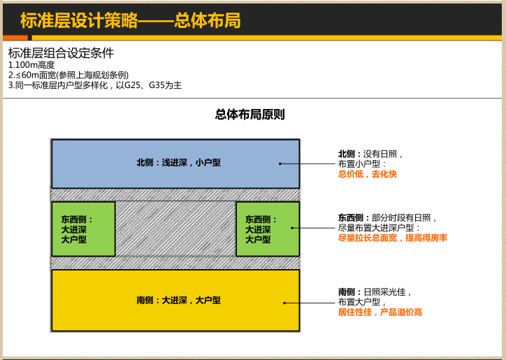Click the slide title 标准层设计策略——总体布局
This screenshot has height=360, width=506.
[130, 20]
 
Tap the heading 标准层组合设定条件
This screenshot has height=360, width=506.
[61, 53]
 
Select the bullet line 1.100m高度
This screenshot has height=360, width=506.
[31, 65]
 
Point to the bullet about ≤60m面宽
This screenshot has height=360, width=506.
[68, 75]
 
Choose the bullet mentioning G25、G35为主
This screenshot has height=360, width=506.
[95, 85]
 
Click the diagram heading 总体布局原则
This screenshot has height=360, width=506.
[250, 115]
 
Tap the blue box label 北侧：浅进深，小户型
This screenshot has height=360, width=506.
[178, 163]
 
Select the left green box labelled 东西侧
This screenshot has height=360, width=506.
[83, 229]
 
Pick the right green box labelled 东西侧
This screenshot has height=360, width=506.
[268, 229]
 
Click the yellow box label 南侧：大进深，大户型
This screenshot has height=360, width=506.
[178, 300]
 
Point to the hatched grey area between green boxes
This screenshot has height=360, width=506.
[175, 229]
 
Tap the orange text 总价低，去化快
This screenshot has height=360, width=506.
[367, 174]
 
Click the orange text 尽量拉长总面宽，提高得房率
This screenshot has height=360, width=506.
[392, 238]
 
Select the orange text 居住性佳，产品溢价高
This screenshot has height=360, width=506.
[379, 312]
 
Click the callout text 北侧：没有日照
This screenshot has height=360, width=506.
[370, 154]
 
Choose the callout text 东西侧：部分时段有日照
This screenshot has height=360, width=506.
[387, 218]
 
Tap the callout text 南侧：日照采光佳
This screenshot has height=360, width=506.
[375, 291]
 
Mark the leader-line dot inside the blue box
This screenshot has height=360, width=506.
[280, 164]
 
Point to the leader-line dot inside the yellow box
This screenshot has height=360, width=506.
[284, 303]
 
